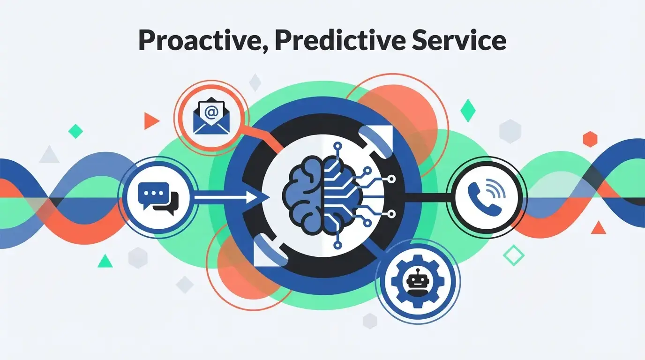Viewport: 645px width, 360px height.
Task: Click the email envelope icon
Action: click(207, 118)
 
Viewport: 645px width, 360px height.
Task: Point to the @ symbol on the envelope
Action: click(211, 112)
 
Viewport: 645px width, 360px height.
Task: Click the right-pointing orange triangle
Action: click(150, 121)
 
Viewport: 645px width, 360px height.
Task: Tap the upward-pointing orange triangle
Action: click(598, 228)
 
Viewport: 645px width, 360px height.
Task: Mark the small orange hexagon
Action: click(590, 139)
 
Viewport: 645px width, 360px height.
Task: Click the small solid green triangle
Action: click(105, 261)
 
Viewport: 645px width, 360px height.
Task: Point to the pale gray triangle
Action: click(49, 155)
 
